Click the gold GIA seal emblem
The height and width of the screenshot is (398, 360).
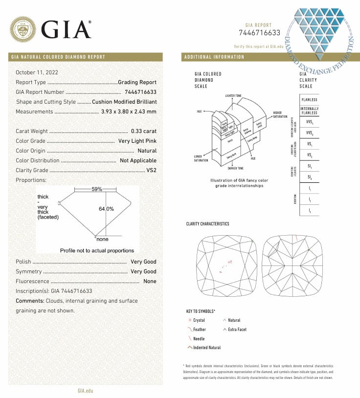(x=23, y=29)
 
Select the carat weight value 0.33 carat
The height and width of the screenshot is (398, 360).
(x=144, y=131)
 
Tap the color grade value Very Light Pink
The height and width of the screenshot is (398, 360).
(x=137, y=141)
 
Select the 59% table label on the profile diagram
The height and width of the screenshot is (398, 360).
(x=97, y=189)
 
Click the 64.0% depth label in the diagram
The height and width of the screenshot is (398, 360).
(x=106, y=209)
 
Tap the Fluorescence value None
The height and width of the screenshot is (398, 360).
(x=150, y=281)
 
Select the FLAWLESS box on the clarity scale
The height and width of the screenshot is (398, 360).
(x=309, y=100)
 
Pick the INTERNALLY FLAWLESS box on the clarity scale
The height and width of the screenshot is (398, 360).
(x=309, y=111)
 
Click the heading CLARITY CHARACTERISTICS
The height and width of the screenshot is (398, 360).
(x=207, y=224)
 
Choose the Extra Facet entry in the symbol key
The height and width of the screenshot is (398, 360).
(x=237, y=330)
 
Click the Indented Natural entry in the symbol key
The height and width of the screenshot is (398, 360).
(x=207, y=348)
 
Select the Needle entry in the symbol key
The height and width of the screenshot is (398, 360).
(x=199, y=339)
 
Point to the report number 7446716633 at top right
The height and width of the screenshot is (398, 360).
(x=259, y=33)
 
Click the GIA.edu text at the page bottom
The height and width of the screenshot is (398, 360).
(x=85, y=391)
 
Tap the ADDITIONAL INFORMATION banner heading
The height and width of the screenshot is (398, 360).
(x=214, y=57)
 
